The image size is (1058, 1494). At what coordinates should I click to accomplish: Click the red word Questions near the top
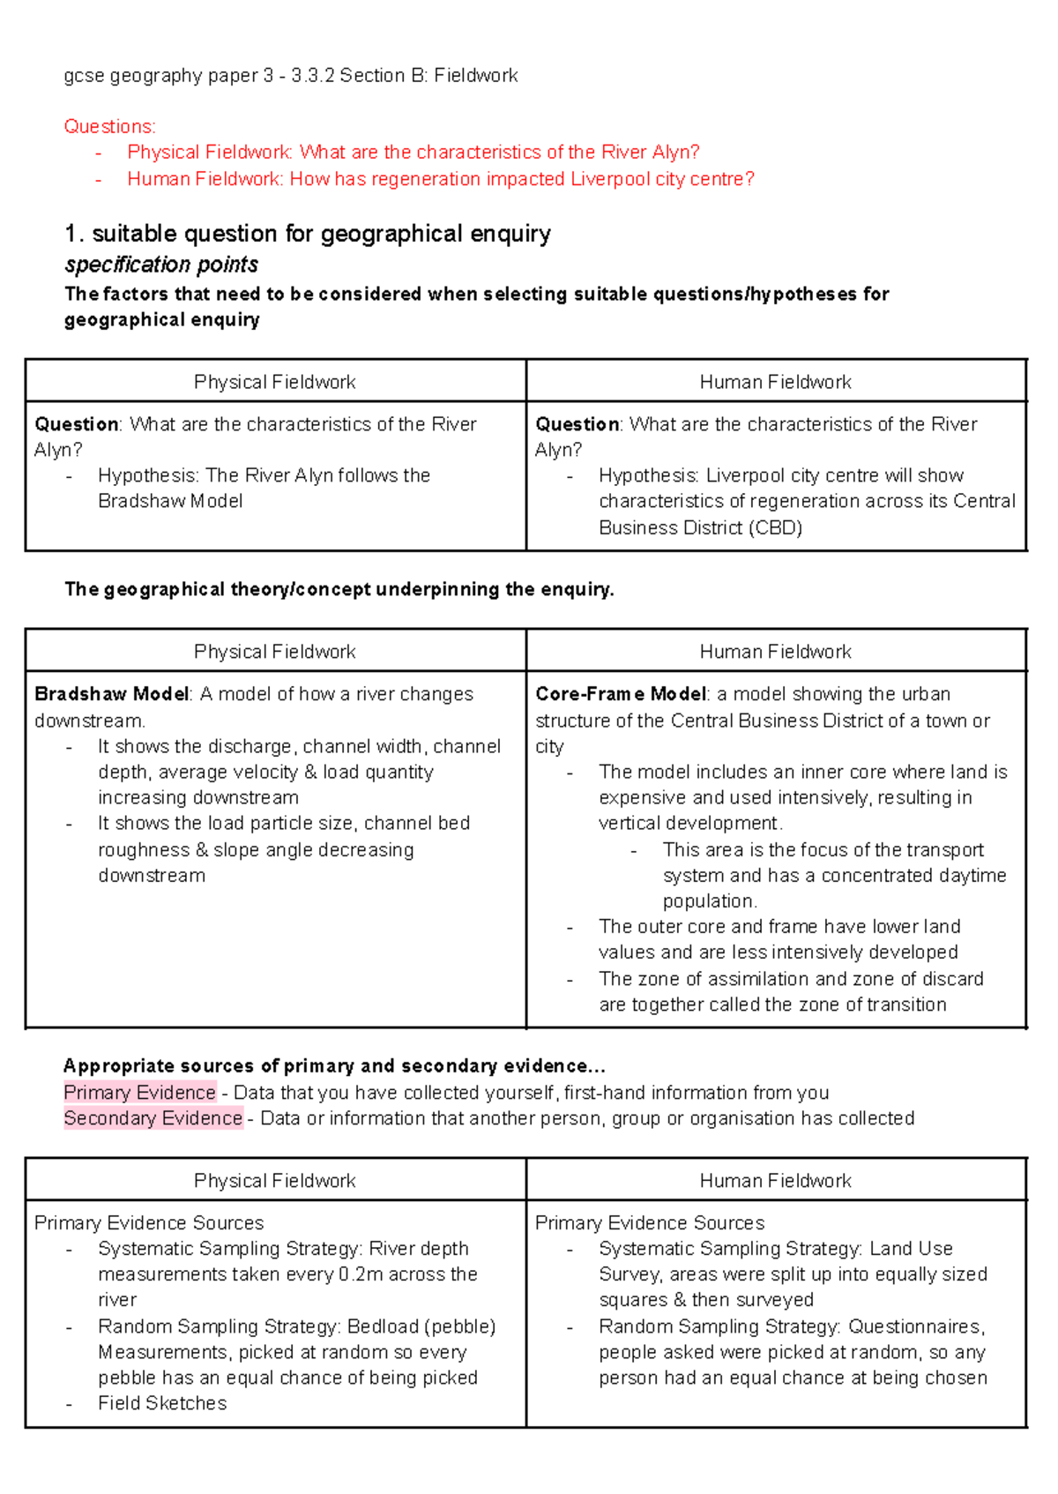pos(108,126)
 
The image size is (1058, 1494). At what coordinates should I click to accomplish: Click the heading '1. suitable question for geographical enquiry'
pos(308,234)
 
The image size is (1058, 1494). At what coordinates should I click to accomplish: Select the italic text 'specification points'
pos(161,265)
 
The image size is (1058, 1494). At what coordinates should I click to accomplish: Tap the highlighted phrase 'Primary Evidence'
pos(139,1093)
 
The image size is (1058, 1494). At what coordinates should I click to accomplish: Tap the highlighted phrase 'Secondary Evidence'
pos(153,1118)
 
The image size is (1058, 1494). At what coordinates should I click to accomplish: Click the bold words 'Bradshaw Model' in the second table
pos(111,694)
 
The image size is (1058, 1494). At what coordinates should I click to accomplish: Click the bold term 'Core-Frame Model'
pos(621,694)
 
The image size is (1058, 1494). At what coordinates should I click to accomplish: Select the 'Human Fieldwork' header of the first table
pos(775,382)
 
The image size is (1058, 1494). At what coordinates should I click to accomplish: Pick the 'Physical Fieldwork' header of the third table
pos(274,1181)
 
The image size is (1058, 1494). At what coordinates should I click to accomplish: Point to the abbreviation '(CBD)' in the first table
pos(775,527)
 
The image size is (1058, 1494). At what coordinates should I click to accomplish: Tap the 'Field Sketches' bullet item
pos(162,1403)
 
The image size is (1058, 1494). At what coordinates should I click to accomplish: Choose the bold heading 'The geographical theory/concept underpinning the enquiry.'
pos(339,589)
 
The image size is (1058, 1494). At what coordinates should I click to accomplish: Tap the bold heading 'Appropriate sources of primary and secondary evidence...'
pos(334,1066)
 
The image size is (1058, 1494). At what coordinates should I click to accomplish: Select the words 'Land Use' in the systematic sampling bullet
pos(911,1249)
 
